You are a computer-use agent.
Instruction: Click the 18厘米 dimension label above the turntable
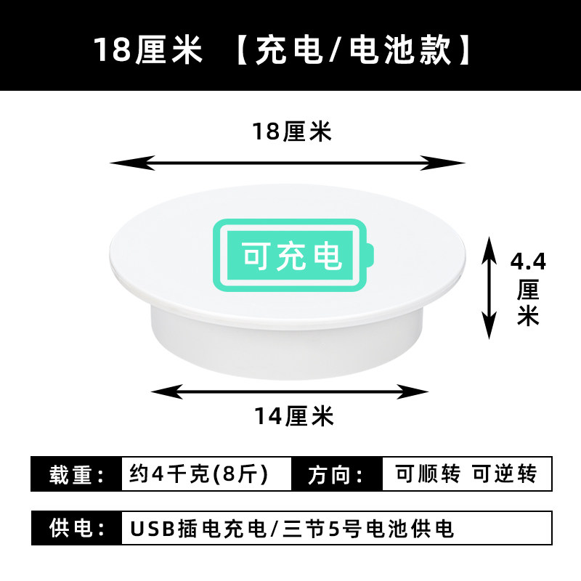pyautogui.click(x=292, y=131)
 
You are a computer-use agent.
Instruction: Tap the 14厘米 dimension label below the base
pyautogui.click(x=294, y=415)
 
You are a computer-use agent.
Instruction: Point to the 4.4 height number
pyautogui.click(x=528, y=261)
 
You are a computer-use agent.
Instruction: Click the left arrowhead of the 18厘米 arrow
pyautogui.click(x=132, y=163)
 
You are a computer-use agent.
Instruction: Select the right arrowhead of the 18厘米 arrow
pyautogui.click(x=442, y=163)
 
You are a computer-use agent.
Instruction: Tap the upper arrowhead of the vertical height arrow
pyautogui.click(x=489, y=250)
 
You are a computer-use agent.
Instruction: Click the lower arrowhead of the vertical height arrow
pyautogui.click(x=489, y=325)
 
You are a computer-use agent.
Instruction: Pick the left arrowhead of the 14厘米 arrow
pyautogui.click(x=167, y=391)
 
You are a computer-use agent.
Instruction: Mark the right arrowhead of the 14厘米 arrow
pyautogui.click(x=413, y=391)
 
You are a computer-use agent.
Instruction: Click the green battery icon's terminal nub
pyautogui.click(x=370, y=256)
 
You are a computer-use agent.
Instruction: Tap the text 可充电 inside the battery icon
pyautogui.click(x=292, y=256)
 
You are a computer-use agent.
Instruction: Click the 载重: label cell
pyautogui.click(x=77, y=474)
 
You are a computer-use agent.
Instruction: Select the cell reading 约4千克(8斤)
pyautogui.click(x=206, y=474)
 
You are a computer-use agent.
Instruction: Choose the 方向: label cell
pyautogui.click(x=337, y=474)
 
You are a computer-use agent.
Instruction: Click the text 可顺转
pyautogui.click(x=428, y=474)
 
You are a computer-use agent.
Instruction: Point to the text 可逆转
pyautogui.click(x=505, y=474)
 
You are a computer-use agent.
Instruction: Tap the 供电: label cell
pyautogui.click(x=77, y=528)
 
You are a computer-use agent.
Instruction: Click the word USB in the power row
pyautogui.click(x=153, y=529)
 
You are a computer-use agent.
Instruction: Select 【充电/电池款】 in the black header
pyautogui.click(x=354, y=50)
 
